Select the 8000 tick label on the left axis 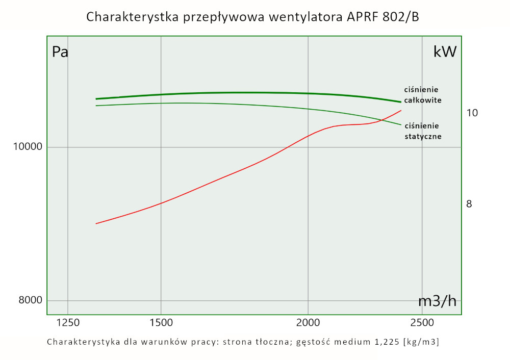tap(30, 300)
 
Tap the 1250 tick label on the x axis tap(68, 323)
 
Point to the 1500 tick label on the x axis tap(161, 323)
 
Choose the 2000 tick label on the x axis tap(308, 323)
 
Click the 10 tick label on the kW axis tap(472, 112)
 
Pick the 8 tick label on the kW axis tap(469, 204)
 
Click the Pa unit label tap(60, 52)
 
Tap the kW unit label tap(445, 52)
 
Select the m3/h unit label tap(437, 301)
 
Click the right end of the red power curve tap(401, 110)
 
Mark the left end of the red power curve tap(96, 223)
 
